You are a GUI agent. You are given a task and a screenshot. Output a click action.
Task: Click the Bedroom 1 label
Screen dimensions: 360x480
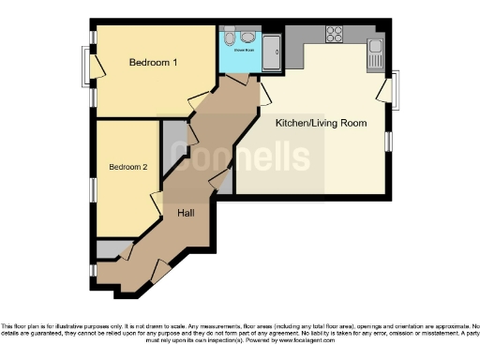pyautogui.click(x=154, y=63)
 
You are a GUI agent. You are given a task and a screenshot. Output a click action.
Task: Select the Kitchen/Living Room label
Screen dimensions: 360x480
pyautogui.click(x=321, y=123)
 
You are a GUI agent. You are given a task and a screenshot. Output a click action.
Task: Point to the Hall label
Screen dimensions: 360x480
pyautogui.click(x=186, y=214)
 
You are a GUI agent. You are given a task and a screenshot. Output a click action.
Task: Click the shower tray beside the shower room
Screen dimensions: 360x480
pyautogui.click(x=273, y=53)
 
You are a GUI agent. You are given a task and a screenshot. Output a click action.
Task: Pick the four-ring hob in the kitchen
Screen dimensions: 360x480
pyautogui.click(x=335, y=35)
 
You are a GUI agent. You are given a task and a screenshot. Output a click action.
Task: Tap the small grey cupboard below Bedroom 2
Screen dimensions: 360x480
pyautogui.click(x=113, y=248)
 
